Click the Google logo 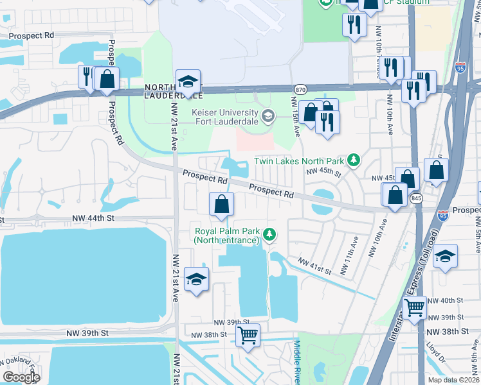[21, 377]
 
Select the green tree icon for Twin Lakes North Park [352, 159]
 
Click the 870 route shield [300, 89]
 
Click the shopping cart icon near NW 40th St [414, 307]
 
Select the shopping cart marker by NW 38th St [248, 334]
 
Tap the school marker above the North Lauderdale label [188, 81]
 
